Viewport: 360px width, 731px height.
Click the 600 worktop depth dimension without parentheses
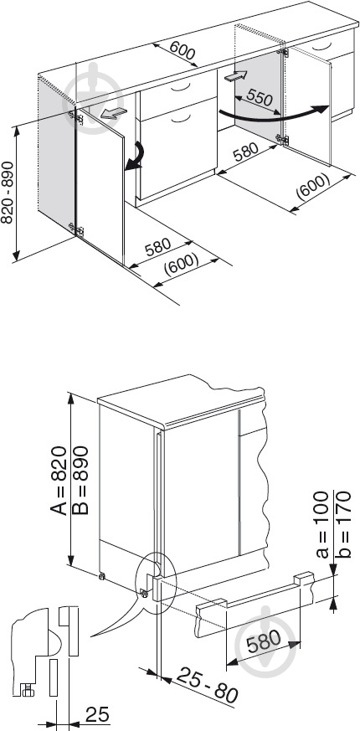(x=183, y=50)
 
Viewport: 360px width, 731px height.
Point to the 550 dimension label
(x=260, y=97)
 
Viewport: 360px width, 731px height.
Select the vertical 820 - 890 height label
(x=8, y=192)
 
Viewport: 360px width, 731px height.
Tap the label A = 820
(x=59, y=480)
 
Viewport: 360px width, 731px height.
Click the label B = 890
(x=80, y=480)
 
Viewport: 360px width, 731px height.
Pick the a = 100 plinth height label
(x=322, y=524)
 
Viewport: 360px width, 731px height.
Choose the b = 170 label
(x=344, y=524)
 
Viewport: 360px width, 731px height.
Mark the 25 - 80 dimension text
(x=208, y=684)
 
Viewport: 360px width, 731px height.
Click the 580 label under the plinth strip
(x=264, y=642)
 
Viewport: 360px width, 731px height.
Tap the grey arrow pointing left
(x=113, y=112)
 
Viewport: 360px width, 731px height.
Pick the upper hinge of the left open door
(x=76, y=117)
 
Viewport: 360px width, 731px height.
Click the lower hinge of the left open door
(x=76, y=229)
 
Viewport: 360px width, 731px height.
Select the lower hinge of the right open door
(x=281, y=139)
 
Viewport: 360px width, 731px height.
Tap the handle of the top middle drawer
(x=180, y=88)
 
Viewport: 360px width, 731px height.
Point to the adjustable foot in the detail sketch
(x=28, y=688)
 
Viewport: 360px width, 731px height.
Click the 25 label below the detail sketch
(x=97, y=713)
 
